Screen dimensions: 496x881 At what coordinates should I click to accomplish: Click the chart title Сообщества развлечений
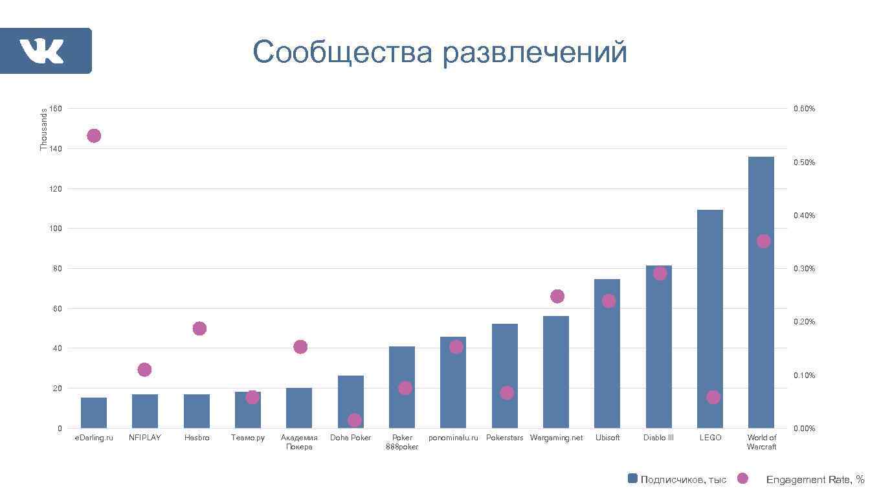tap(440, 52)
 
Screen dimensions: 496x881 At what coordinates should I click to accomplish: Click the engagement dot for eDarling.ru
tap(94, 136)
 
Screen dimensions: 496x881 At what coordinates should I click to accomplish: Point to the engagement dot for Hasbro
tap(199, 328)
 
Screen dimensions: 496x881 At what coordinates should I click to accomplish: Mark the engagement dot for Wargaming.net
tap(557, 296)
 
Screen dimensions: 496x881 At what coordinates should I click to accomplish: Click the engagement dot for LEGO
tap(713, 397)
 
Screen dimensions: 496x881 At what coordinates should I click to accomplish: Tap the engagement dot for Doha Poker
tap(354, 420)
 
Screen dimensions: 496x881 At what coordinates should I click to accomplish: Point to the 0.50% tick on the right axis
tap(804, 162)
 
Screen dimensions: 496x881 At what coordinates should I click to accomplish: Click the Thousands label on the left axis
tap(44, 130)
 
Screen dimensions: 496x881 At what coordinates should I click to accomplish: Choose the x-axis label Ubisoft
tap(607, 438)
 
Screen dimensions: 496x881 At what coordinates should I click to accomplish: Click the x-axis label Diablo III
tap(658, 438)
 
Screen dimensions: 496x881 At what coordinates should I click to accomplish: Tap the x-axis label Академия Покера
tap(299, 442)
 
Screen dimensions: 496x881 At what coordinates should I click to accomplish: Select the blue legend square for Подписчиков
tap(632, 479)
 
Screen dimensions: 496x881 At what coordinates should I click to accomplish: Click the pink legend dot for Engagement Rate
tap(742, 479)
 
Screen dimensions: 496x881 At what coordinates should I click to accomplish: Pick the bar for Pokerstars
tap(504, 376)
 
